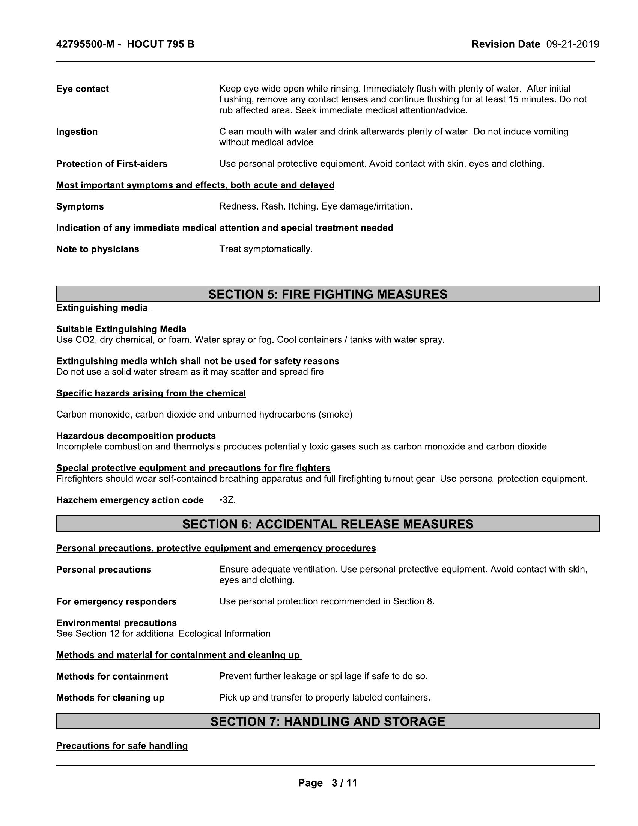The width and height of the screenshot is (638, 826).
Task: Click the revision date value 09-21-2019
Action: (x=572, y=44)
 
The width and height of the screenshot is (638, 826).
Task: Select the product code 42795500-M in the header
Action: (x=85, y=44)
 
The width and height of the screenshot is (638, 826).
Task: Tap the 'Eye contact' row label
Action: (x=83, y=89)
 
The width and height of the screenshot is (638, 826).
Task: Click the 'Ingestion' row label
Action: (x=77, y=132)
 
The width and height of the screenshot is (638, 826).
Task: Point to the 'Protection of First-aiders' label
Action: (x=111, y=164)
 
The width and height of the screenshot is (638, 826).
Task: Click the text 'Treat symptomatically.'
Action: (x=266, y=249)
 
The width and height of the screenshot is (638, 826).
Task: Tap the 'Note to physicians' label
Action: (x=98, y=249)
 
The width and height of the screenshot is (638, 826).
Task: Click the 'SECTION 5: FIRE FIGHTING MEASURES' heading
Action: (x=327, y=294)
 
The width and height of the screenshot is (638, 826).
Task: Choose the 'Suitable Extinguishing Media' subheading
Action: (x=121, y=329)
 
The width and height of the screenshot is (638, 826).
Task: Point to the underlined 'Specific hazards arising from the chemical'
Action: (x=151, y=393)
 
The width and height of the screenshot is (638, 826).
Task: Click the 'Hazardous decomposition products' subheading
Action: (x=136, y=436)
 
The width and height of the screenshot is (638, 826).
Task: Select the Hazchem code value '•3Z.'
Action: (x=227, y=500)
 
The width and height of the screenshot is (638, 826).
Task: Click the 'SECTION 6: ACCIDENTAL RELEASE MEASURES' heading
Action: (x=327, y=524)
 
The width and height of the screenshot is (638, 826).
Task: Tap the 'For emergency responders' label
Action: (x=116, y=601)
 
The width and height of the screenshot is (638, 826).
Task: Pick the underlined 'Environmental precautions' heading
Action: (x=116, y=623)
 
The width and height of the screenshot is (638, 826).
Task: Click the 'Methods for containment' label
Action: (x=112, y=676)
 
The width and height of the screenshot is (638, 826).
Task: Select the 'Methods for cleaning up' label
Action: (x=110, y=698)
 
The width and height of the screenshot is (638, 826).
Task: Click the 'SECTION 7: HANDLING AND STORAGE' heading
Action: (x=327, y=722)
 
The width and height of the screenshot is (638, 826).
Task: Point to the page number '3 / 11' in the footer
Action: (x=344, y=783)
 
